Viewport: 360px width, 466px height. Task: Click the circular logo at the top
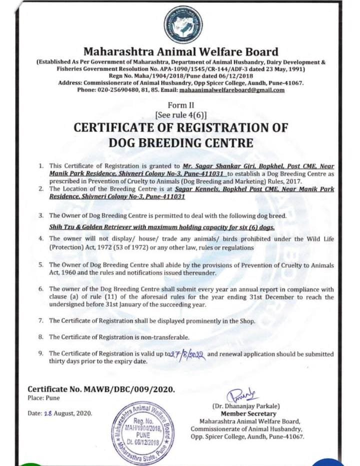(x=183, y=24)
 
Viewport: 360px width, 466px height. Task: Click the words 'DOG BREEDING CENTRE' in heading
(x=180, y=142)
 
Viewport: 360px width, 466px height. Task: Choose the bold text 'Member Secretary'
(x=248, y=413)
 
